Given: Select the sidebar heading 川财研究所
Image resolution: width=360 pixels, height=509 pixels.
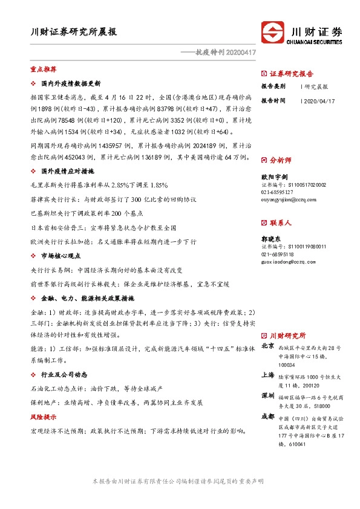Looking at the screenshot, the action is click(287, 335).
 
